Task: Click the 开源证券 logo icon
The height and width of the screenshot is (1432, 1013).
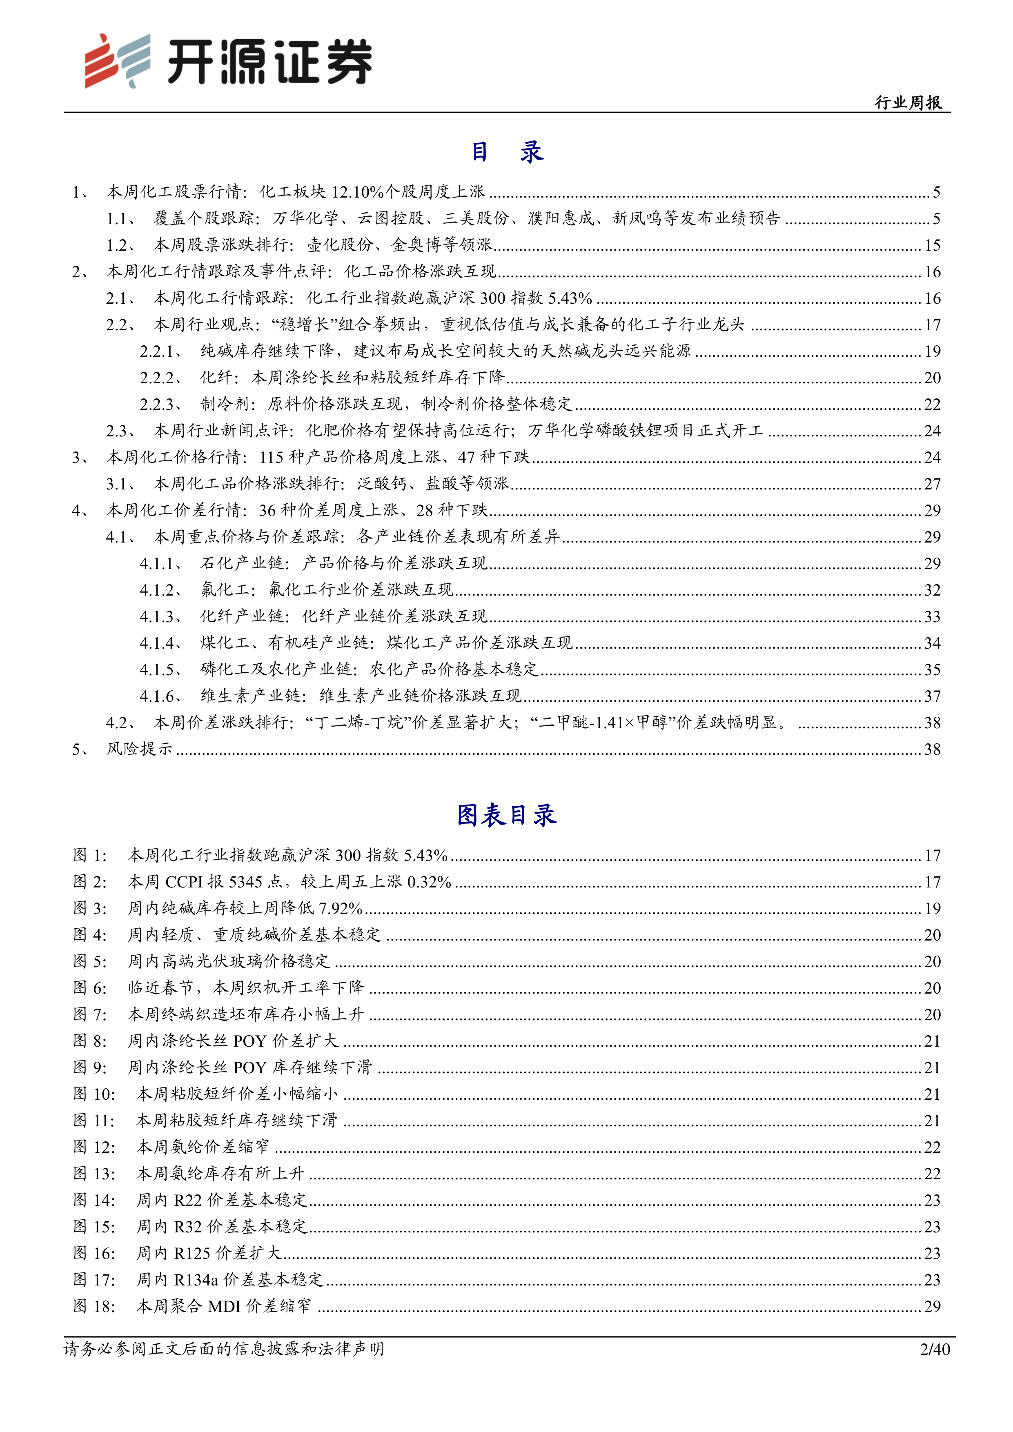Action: tap(117, 60)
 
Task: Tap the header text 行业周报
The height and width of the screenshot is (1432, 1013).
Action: tap(908, 102)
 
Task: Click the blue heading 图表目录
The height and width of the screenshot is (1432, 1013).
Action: tap(506, 814)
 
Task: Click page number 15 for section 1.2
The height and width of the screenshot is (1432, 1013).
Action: tap(932, 245)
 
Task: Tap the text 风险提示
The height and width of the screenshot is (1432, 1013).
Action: tap(139, 749)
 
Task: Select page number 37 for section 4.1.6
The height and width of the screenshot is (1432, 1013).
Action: tap(932, 696)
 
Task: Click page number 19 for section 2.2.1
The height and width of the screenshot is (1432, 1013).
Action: tap(932, 351)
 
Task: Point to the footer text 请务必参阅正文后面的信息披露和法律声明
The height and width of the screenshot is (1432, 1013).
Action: tap(224, 1349)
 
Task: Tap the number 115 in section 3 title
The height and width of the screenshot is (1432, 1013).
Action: tap(272, 457)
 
